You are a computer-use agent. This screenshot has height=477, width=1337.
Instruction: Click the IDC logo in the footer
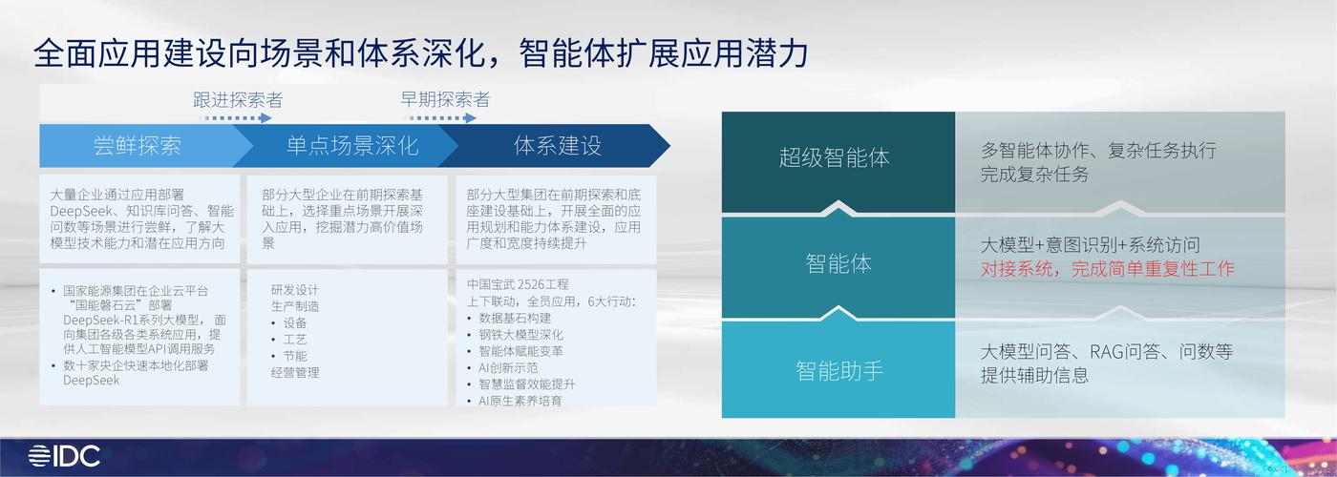(x=64, y=456)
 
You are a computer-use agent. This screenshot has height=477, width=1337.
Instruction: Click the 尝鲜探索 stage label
(x=137, y=146)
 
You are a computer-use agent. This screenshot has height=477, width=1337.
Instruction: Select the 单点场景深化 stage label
(x=351, y=146)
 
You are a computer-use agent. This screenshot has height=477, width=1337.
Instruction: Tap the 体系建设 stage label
(x=557, y=146)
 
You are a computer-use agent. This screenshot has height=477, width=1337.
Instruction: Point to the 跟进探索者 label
(x=238, y=99)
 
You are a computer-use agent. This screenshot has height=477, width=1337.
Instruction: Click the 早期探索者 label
(x=444, y=99)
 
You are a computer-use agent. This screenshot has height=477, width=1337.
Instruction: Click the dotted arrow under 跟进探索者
(x=236, y=118)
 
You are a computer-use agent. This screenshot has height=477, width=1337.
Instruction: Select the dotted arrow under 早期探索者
(x=440, y=118)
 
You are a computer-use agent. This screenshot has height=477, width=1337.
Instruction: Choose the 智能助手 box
(x=838, y=370)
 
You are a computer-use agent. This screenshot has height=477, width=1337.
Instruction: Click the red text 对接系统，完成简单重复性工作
(x=1107, y=269)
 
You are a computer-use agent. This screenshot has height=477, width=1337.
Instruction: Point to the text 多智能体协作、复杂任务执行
(x=1098, y=151)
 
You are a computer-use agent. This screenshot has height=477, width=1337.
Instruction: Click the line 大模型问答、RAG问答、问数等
(x=1107, y=351)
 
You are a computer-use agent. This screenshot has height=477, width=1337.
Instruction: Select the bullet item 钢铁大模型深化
(x=520, y=335)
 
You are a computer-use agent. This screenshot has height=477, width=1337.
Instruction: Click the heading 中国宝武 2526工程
(x=518, y=284)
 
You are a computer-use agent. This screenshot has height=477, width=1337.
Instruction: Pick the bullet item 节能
(x=294, y=356)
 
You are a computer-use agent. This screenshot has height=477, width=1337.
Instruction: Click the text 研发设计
(x=295, y=290)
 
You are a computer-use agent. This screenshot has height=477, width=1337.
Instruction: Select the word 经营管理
(x=295, y=372)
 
